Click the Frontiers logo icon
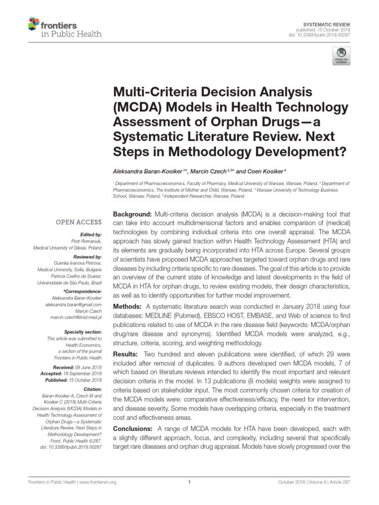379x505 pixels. [34, 23]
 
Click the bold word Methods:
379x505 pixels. [128, 306]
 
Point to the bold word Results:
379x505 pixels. [127, 354]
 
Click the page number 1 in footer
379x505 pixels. [189, 482]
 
